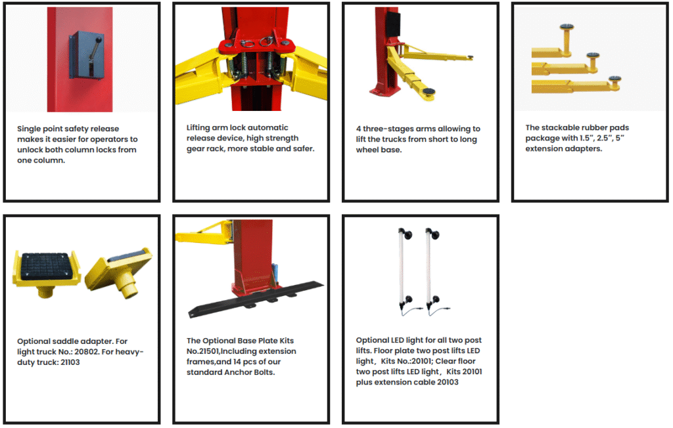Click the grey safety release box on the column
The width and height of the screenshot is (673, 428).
(x=87, y=55)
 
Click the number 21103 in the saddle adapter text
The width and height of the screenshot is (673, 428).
(x=70, y=362)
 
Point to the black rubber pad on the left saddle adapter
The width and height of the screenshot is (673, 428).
(x=45, y=266)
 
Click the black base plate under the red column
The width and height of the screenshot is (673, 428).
(x=256, y=299)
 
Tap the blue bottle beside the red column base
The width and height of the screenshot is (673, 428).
(x=275, y=274)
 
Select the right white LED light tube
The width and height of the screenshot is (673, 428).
(x=428, y=268)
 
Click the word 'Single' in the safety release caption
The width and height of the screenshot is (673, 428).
(x=29, y=129)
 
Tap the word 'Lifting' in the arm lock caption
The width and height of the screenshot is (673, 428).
(x=198, y=127)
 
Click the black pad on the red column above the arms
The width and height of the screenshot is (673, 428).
(x=393, y=24)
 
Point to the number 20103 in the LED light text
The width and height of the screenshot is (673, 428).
(x=448, y=382)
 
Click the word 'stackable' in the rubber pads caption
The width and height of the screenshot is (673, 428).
(x=560, y=127)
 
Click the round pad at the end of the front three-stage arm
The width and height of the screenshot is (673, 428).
(x=429, y=91)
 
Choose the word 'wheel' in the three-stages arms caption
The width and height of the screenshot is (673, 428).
(x=367, y=150)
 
